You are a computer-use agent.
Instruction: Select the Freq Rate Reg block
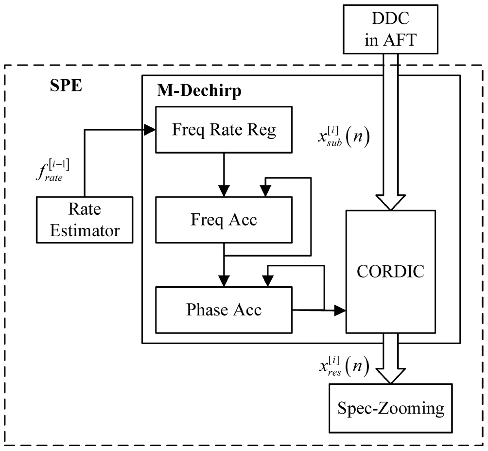pos(223,129)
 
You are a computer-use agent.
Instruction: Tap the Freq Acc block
pos(223,220)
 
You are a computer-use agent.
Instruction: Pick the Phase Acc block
pos(223,310)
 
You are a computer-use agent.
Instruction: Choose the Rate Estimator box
pos(85,220)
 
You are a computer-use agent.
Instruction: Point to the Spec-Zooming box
pos(391,408)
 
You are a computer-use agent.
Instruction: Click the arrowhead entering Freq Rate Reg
pos(149,129)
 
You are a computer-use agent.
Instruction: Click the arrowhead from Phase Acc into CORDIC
pos(340,310)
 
